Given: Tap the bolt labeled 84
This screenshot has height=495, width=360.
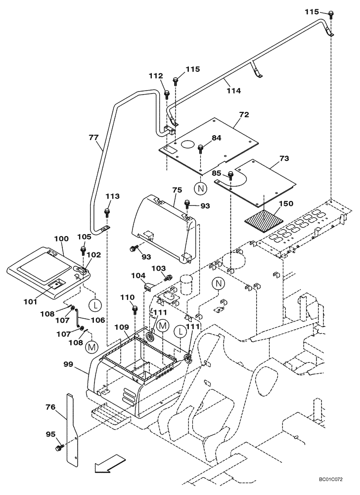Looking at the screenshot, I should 201,148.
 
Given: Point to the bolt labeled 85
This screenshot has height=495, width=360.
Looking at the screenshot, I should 230,175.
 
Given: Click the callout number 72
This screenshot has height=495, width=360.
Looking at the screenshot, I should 243,115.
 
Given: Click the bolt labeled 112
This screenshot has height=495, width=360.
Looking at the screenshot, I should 167,93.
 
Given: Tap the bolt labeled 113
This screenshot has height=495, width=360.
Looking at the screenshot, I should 107,213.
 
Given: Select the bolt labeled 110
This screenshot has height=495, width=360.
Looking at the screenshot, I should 134,310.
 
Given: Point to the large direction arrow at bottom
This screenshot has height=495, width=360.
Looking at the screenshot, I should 107,465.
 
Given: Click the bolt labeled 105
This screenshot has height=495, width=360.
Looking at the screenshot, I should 83,249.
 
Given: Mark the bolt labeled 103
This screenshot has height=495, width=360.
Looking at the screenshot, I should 168,277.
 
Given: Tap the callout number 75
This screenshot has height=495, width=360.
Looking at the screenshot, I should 177,190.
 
